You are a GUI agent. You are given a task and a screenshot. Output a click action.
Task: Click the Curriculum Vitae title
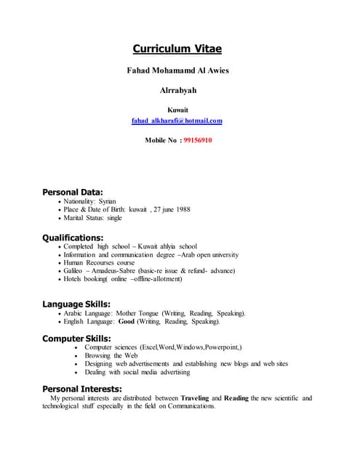(177, 49)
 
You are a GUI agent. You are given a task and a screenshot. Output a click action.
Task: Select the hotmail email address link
(177, 121)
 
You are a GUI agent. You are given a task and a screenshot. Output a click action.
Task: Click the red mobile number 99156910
(198, 139)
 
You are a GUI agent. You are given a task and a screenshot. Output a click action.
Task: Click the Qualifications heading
(73, 237)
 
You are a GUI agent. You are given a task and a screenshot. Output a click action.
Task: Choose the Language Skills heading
(76, 304)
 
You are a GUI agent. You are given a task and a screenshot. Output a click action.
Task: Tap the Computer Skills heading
(76, 339)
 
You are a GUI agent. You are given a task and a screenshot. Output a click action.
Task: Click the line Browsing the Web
(111, 356)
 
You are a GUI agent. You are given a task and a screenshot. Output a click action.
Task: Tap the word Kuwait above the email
(177, 110)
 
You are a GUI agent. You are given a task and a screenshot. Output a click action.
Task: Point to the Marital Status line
(92, 218)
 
